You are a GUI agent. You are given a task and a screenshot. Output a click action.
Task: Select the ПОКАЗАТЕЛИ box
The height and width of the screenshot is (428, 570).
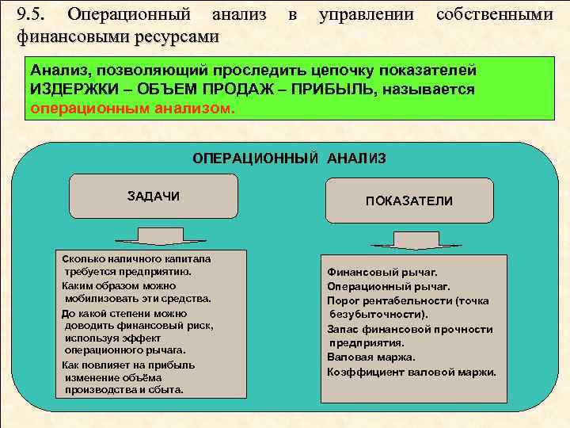point(408,201)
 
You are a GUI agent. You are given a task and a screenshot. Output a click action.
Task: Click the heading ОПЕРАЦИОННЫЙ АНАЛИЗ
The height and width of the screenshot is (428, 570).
point(290,159)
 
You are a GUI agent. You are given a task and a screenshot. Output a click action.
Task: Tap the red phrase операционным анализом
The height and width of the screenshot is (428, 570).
point(131,107)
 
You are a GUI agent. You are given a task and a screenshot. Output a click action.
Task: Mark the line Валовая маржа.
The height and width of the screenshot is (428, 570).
point(365,357)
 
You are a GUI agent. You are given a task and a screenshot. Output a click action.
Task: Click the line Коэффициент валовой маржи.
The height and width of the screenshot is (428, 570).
point(412,372)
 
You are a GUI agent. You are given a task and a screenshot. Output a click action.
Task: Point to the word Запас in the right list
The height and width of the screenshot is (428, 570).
point(343,329)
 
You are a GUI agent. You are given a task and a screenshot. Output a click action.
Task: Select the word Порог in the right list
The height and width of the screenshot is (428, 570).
point(344,301)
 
